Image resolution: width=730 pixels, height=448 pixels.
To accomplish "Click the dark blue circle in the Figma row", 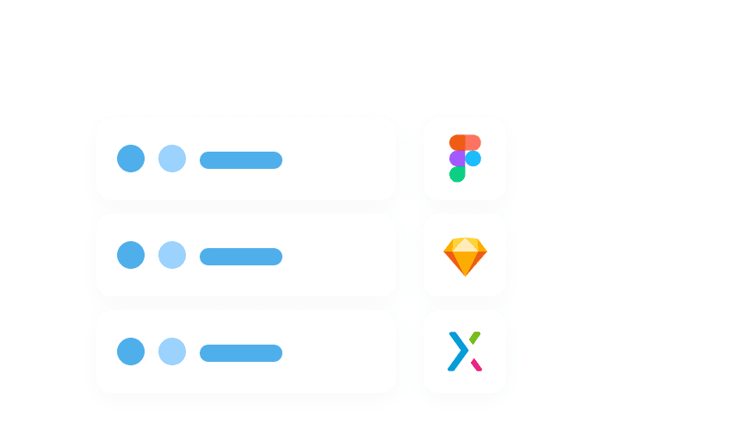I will (131, 159).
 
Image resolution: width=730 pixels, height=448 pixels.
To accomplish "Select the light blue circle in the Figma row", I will (172, 159).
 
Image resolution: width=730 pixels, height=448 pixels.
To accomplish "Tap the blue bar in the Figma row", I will (241, 160).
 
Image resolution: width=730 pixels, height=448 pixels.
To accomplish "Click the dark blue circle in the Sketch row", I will (131, 255).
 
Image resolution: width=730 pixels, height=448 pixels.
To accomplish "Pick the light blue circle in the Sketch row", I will (172, 255).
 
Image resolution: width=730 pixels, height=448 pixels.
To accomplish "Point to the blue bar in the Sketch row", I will (241, 257).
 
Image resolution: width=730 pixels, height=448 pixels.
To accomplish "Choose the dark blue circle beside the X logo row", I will (131, 352).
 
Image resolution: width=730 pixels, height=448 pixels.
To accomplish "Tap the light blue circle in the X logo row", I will (172, 352).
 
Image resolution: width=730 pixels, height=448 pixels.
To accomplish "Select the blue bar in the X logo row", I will (241, 353).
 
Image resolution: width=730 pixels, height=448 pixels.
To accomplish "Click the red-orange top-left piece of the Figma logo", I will (457, 143).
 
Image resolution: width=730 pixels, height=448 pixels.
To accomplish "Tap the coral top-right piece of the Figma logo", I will (473, 143).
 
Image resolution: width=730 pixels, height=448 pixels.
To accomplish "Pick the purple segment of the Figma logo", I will (457, 159).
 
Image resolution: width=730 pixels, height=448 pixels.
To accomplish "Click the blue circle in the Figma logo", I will (473, 159).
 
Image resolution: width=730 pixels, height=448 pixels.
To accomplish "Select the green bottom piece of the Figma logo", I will (457, 174).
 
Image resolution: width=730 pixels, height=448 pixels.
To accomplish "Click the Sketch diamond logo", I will (465, 257).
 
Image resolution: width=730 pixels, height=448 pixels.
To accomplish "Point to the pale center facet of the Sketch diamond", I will (465, 245).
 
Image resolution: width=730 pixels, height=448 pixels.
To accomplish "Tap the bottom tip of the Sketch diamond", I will (465, 273).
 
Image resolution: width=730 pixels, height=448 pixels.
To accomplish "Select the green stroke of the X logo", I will (474, 338).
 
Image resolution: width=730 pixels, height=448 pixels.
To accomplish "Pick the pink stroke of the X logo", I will (475, 364).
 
